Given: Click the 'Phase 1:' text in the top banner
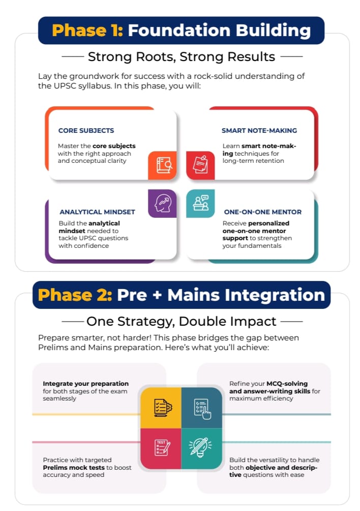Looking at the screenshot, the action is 87,31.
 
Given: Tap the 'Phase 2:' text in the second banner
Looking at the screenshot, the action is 75,295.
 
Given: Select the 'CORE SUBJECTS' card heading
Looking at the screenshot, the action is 86,130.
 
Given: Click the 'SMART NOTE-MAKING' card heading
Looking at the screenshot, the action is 259,130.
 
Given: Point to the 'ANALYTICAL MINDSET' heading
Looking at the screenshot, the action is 97,212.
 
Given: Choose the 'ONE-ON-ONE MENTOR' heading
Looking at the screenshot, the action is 263,212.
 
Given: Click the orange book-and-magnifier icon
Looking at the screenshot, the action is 162,165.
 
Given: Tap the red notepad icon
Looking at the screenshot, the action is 200,165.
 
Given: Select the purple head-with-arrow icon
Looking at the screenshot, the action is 162,204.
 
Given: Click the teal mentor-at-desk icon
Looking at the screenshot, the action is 200,204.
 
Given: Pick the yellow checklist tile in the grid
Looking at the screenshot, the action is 161,408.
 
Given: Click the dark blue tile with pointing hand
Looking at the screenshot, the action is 202,408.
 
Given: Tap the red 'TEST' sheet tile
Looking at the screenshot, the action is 161,449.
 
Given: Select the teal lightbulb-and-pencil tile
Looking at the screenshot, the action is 202,449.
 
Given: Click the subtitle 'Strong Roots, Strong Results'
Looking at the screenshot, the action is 182,57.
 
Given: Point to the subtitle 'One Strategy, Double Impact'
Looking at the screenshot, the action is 182,322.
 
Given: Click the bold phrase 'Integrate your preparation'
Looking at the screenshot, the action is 85,384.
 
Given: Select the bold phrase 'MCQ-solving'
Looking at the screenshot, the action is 287,384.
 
